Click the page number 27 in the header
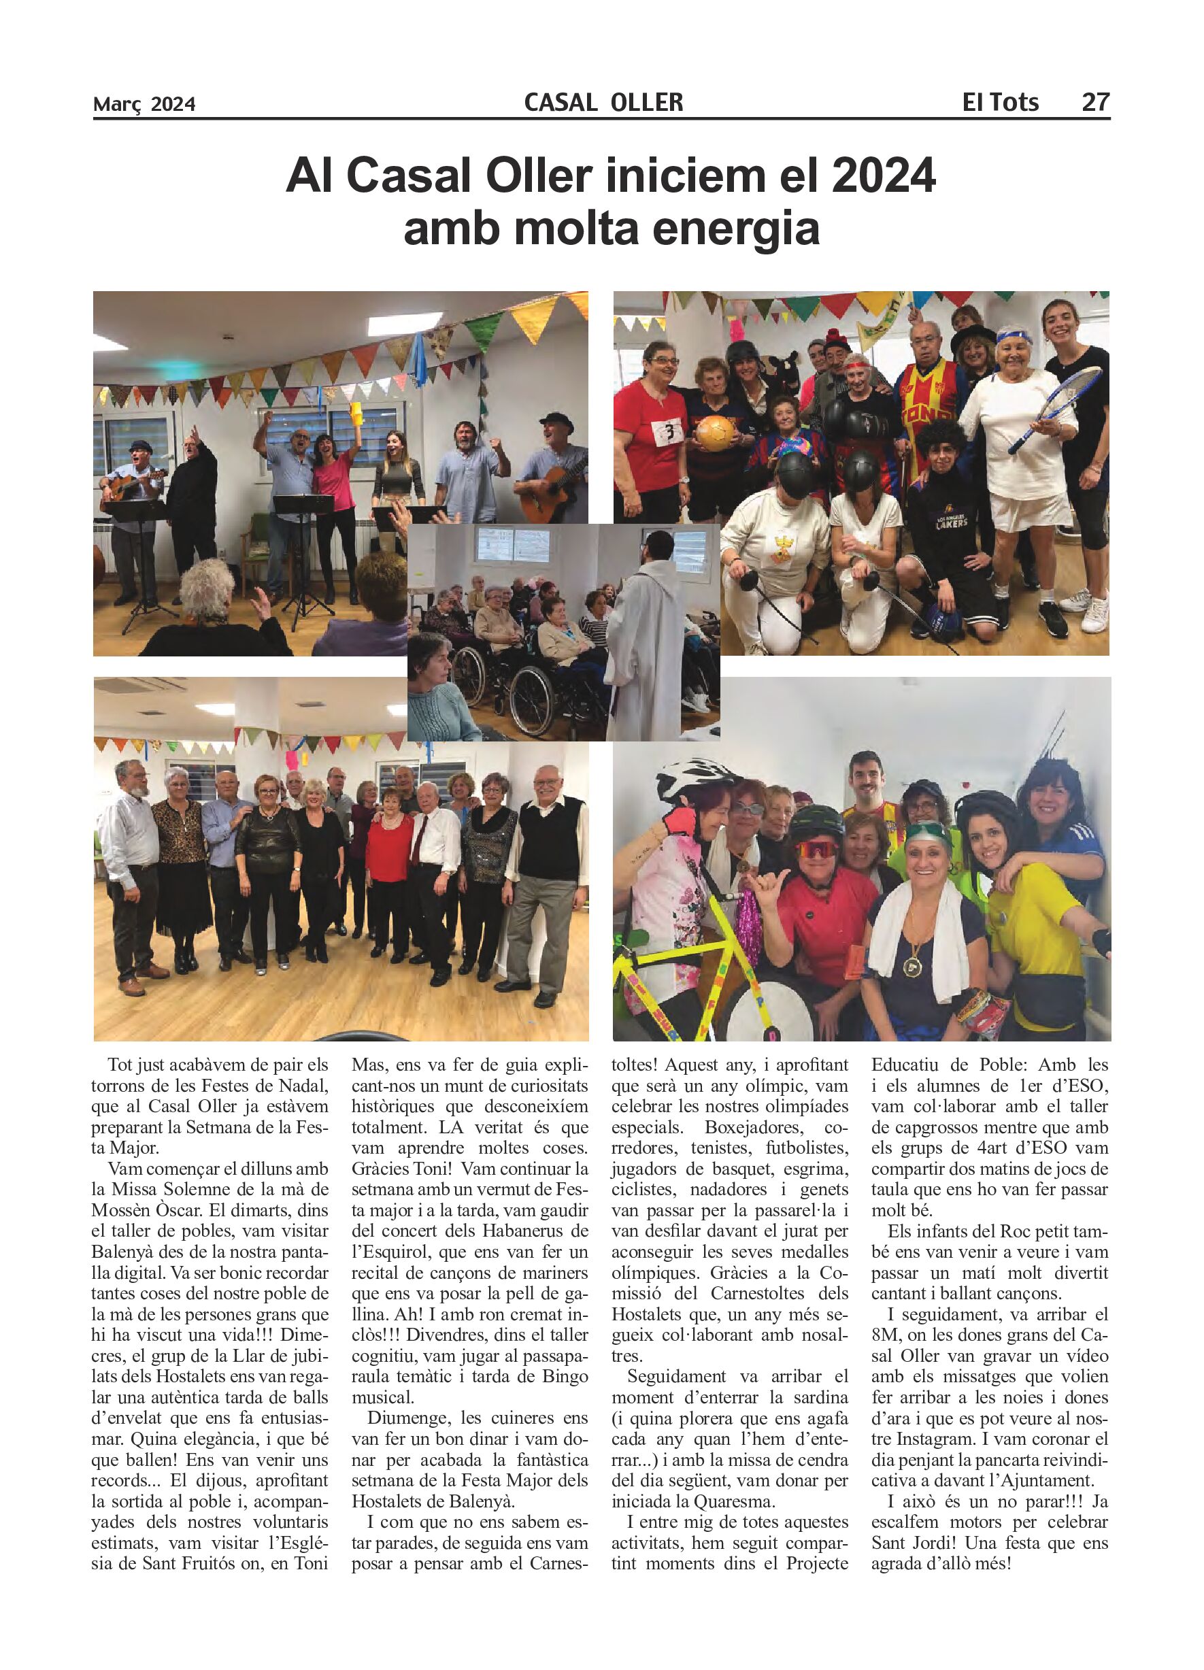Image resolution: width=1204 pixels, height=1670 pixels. pos(1094,101)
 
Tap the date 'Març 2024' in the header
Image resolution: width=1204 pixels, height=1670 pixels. pos(144,104)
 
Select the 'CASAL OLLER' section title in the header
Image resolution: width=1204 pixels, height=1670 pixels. pos(603,101)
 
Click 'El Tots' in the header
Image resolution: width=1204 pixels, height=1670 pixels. pos(1000,101)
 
